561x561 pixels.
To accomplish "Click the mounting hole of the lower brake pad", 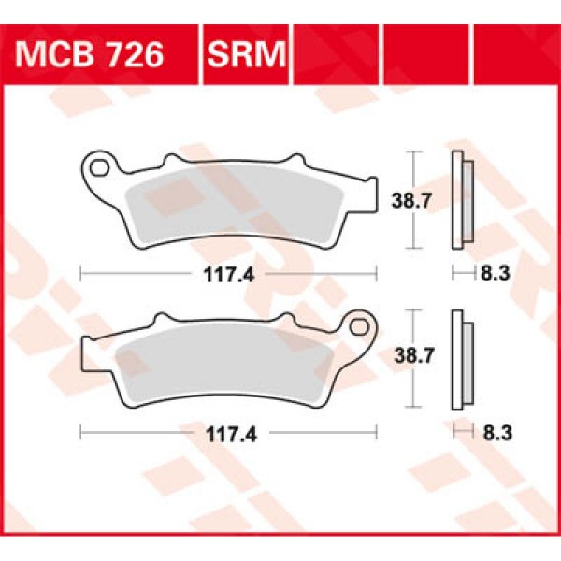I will pos(359,326).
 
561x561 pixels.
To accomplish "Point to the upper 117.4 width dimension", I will pos(229,274).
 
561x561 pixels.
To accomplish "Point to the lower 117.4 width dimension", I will pos(229,432).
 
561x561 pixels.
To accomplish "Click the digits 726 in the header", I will pos(135,55).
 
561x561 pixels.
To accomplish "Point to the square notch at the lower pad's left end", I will pos(85,353).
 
